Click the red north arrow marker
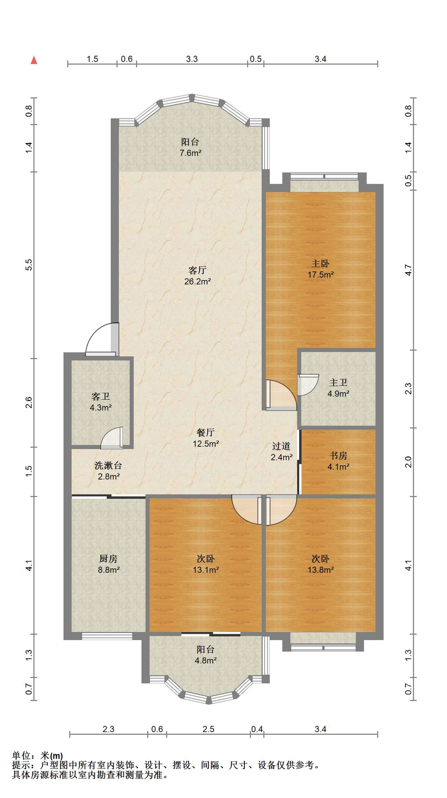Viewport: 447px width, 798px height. [34, 60]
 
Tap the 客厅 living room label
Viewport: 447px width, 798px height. [198, 271]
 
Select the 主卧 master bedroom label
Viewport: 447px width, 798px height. [320, 264]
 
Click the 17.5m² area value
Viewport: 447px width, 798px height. [321, 275]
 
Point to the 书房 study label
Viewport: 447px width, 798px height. [338, 456]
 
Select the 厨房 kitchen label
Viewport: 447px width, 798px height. [108, 559]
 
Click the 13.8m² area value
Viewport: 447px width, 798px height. [321, 570]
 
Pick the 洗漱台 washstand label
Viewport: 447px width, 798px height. [108, 465]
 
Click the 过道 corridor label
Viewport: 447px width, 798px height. [281, 446]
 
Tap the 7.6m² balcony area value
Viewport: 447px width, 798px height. [191, 153]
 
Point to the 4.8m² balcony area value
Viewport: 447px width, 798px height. [206, 660]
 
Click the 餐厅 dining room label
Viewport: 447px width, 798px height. [206, 433]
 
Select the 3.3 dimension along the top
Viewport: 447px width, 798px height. [192, 59]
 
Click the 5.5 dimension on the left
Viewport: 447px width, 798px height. [29, 265]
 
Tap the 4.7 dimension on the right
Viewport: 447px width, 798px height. [408, 270]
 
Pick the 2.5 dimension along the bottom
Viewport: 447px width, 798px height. [208, 729]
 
